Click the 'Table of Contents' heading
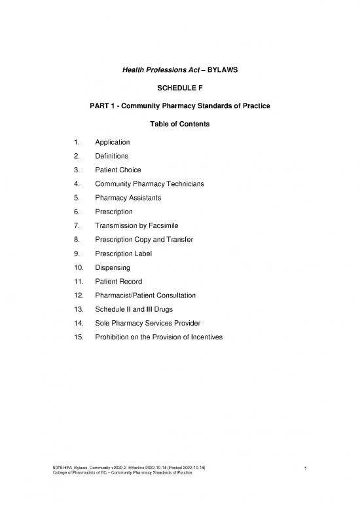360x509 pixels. point(179,124)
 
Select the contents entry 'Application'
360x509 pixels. point(112,142)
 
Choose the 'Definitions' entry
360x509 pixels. point(111,156)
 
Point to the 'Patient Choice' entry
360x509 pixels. point(118,170)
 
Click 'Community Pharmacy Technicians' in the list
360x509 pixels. point(149,184)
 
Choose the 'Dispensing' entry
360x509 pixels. point(113,267)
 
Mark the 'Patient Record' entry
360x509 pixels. point(118,281)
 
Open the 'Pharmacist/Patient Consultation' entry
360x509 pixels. point(145,295)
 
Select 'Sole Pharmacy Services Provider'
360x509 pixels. point(145,323)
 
